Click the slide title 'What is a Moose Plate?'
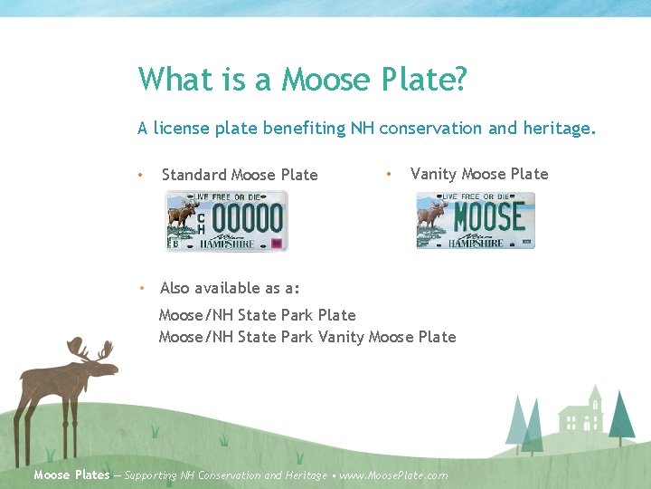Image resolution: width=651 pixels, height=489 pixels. pyautogui.click(x=303, y=79)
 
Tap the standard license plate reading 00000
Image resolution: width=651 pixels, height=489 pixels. pyautogui.click(x=225, y=220)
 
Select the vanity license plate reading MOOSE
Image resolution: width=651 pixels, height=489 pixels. pyautogui.click(x=476, y=220)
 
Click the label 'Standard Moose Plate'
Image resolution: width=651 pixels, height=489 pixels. pyautogui.click(x=240, y=175)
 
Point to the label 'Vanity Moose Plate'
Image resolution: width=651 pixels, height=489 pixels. pyautogui.click(x=479, y=174)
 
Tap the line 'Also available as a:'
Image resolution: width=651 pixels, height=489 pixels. pyautogui.click(x=230, y=288)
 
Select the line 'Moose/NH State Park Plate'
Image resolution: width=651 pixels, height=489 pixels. pyautogui.click(x=257, y=315)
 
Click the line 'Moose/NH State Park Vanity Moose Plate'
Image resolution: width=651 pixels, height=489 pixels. pyautogui.click(x=307, y=337)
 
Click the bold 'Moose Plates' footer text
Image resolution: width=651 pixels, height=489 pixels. pyautogui.click(x=71, y=475)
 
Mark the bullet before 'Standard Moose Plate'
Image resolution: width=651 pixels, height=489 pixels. pyautogui.click(x=140, y=175)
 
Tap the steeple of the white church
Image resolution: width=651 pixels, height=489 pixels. pyautogui.click(x=594, y=394)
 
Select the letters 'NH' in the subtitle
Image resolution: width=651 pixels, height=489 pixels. pyautogui.click(x=362, y=129)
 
